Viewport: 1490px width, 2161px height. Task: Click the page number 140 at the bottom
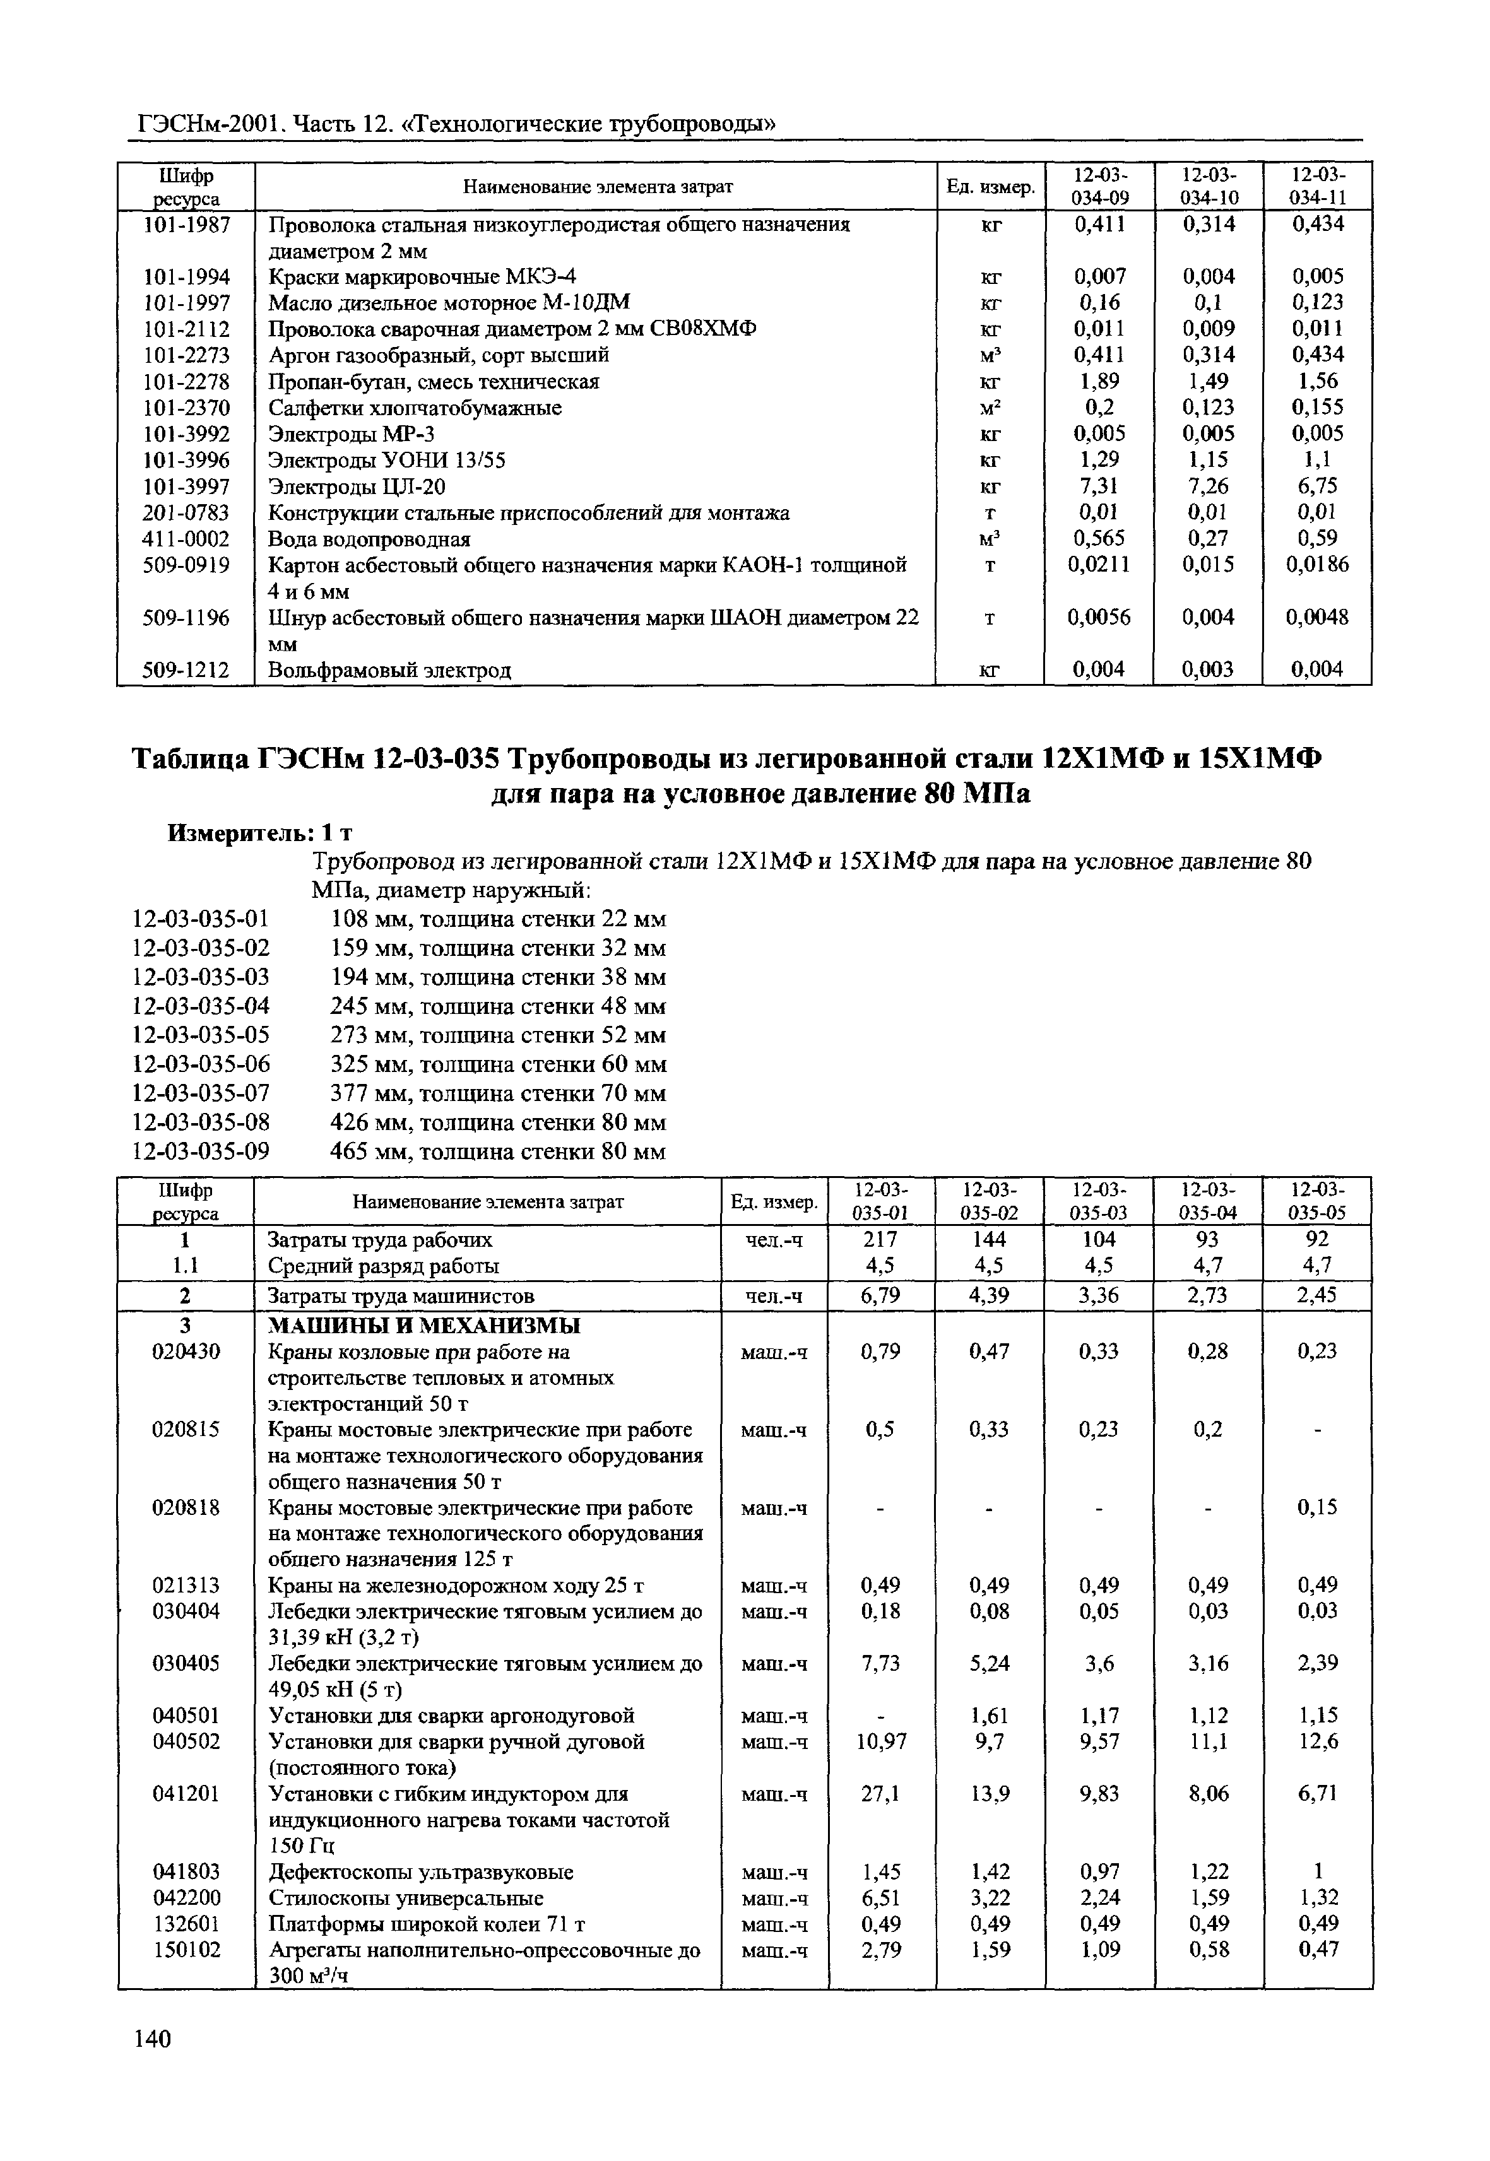pyautogui.click(x=152, y=2039)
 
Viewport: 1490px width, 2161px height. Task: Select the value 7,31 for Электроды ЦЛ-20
pyautogui.click(x=1098, y=486)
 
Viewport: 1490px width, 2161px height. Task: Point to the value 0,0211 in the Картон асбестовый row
pyautogui.click(x=1099, y=565)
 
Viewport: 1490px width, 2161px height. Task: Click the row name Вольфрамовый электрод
pyautogui.click(x=389, y=670)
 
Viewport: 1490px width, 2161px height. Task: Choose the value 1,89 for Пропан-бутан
pyautogui.click(x=1099, y=382)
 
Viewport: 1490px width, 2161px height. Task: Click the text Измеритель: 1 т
pyautogui.click(x=259, y=833)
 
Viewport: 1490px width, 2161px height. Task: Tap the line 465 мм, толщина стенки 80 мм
pyautogui.click(x=497, y=1152)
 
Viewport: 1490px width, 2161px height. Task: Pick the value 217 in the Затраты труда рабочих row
pyautogui.click(x=881, y=1240)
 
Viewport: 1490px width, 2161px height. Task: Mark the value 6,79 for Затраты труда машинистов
pyautogui.click(x=881, y=1296)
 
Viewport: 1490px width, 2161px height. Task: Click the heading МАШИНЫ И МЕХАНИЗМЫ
pyautogui.click(x=424, y=1326)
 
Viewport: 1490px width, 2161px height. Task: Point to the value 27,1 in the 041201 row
pyautogui.click(x=881, y=1794)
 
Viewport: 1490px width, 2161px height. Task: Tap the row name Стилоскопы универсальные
pyautogui.click(x=406, y=1898)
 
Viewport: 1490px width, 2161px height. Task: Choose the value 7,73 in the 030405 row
pyautogui.click(x=881, y=1663)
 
